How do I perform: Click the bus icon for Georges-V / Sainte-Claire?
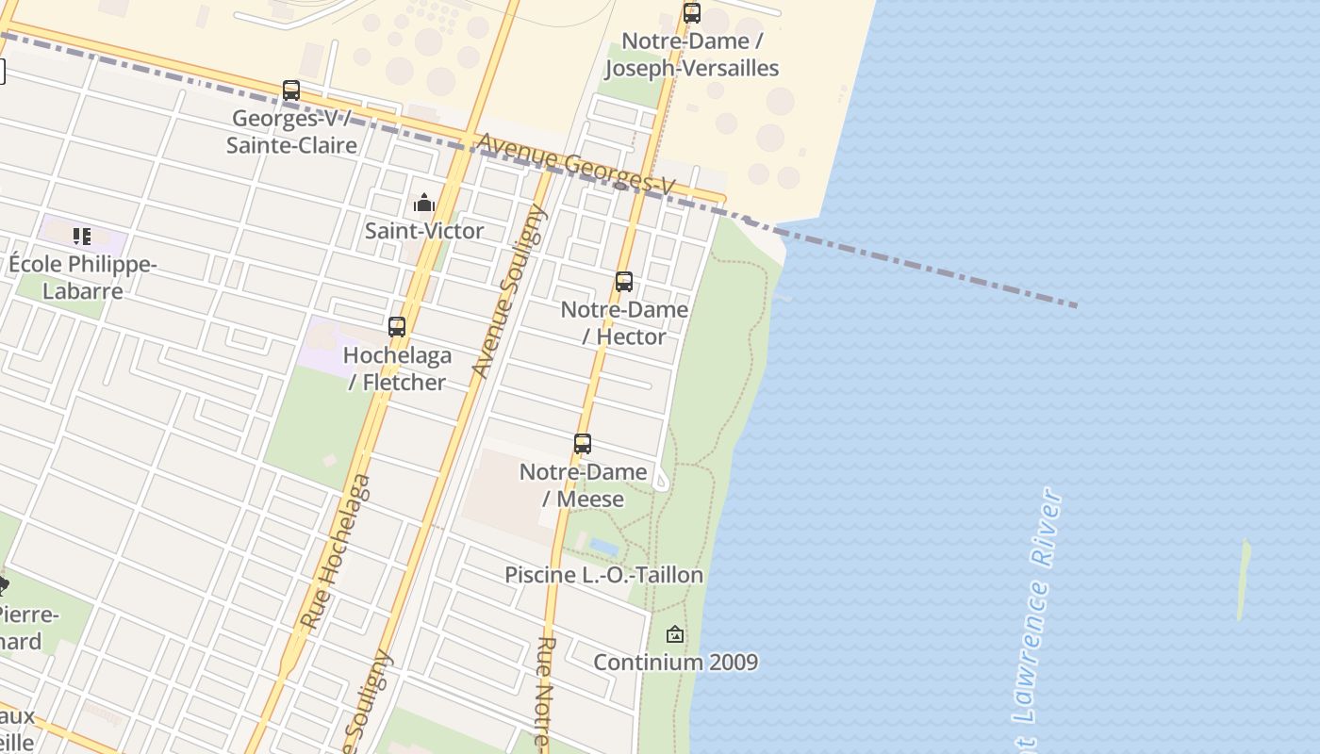[291, 90]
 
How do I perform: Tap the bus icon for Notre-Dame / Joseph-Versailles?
[692, 13]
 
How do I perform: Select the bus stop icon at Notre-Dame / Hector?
[624, 282]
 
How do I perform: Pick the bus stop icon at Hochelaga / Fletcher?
[397, 327]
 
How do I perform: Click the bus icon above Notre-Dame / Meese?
[583, 444]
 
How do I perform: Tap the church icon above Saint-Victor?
[424, 203]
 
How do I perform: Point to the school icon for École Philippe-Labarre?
[82, 236]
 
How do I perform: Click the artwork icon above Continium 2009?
[675, 634]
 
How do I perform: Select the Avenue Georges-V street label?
[576, 165]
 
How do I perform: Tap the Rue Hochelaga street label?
[336, 552]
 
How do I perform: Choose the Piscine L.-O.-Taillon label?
[603, 575]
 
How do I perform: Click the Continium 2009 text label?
[675, 663]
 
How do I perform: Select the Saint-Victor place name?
[424, 231]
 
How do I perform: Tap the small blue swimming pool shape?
[604, 547]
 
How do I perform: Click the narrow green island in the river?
[1244, 580]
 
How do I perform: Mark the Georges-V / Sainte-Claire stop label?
[291, 132]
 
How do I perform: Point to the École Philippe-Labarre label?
[82, 277]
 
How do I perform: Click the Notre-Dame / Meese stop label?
[583, 485]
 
